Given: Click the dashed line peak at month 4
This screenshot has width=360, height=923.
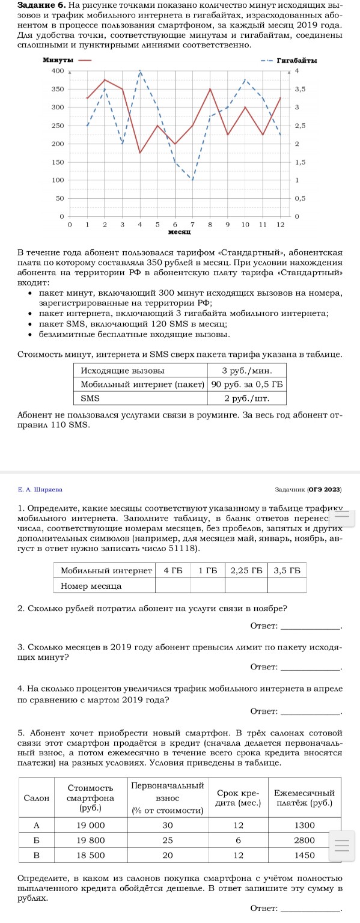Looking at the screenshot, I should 140,72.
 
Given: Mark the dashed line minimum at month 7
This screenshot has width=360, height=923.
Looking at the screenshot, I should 192,180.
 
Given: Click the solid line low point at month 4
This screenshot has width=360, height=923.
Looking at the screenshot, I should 140,153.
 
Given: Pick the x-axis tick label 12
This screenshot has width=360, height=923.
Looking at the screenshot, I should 281,224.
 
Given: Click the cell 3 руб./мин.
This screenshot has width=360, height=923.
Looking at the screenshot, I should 246,370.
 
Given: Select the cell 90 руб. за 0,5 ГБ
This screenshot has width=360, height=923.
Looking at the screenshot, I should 246,383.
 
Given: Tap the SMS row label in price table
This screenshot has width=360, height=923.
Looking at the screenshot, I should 91,397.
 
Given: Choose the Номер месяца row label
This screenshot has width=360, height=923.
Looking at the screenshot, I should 91,585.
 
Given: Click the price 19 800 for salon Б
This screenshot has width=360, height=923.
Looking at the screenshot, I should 91,839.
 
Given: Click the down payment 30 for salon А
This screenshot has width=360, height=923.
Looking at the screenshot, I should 168,824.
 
